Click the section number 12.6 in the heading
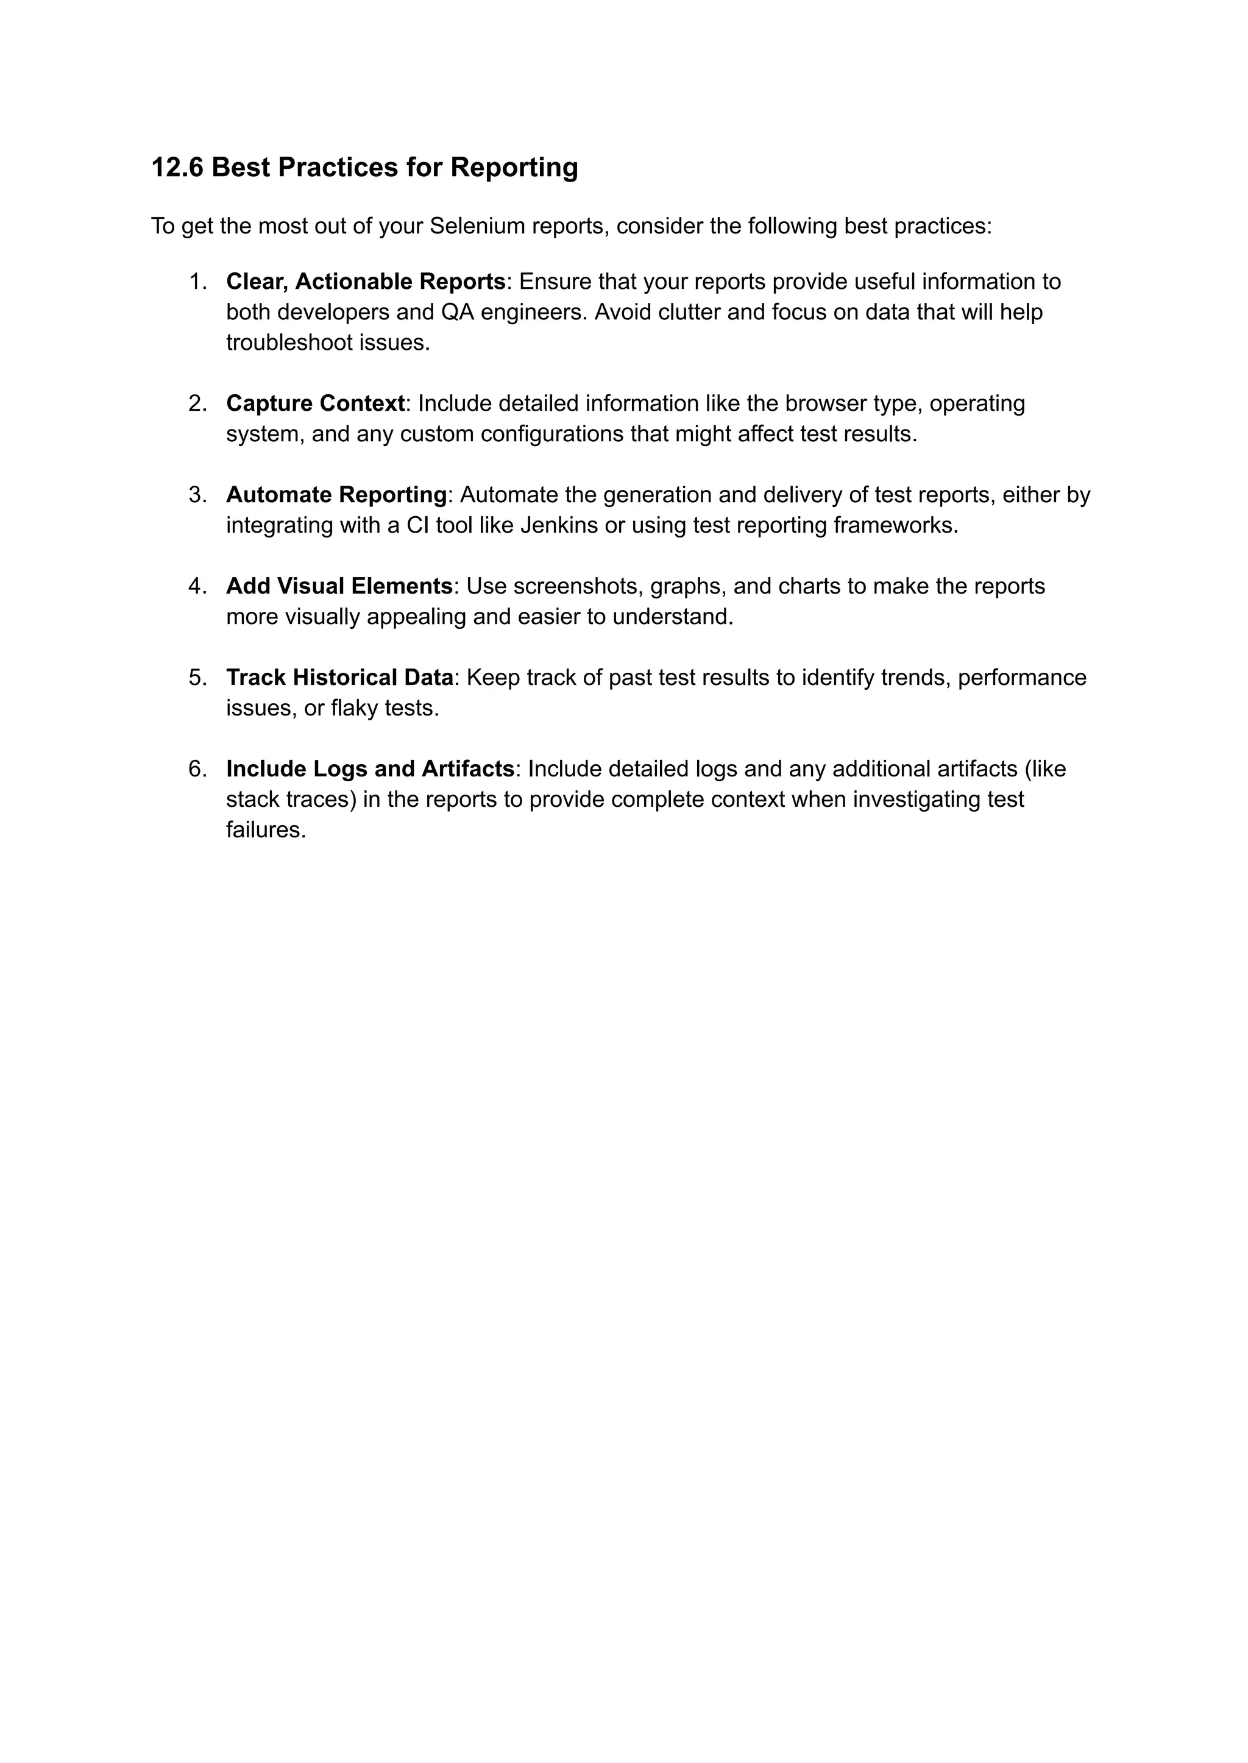(177, 168)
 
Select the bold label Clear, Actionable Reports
(366, 282)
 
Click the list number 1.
(197, 282)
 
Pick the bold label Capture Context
(315, 403)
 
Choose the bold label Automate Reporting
(336, 495)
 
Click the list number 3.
(197, 495)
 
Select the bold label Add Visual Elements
(339, 586)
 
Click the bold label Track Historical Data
(339, 678)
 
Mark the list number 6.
(197, 769)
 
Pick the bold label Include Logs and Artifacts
(370, 769)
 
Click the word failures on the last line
(266, 830)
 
